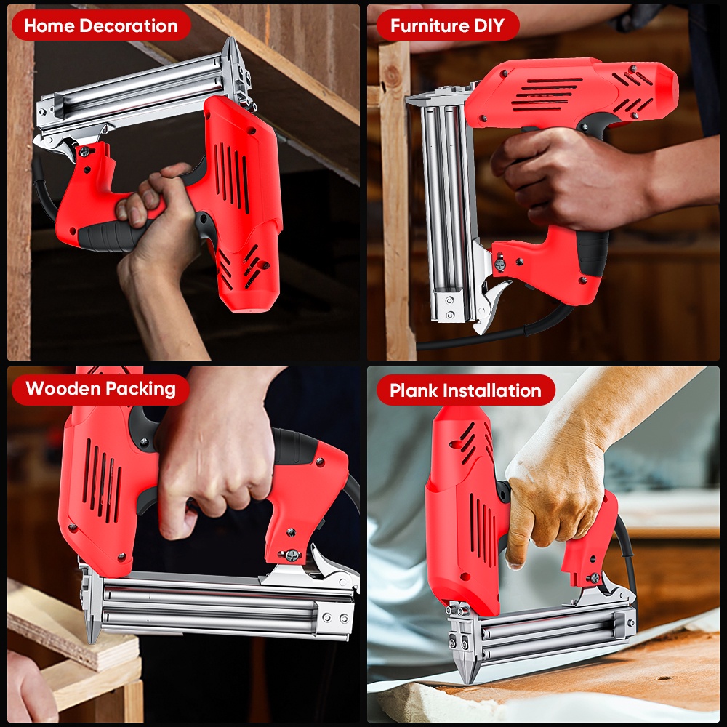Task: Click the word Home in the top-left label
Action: pyautogui.click(x=49, y=26)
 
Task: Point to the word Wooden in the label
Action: pyautogui.click(x=58, y=388)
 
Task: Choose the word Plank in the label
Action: pyautogui.click(x=411, y=391)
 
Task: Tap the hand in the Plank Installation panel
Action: pyautogui.click(x=556, y=487)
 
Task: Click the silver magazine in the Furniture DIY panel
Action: pyautogui.click(x=443, y=211)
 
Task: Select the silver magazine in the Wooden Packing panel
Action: pyautogui.click(x=218, y=607)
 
